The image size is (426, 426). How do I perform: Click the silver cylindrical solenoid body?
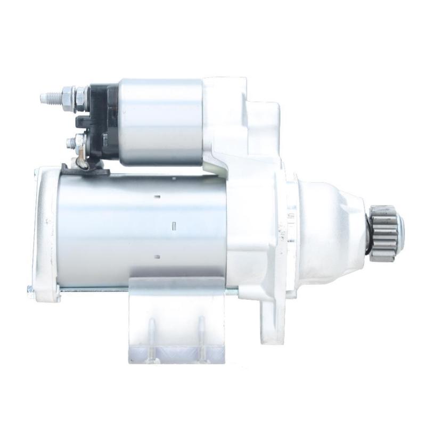(x=160, y=121)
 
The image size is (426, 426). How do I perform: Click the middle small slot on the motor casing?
(x=174, y=226)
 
